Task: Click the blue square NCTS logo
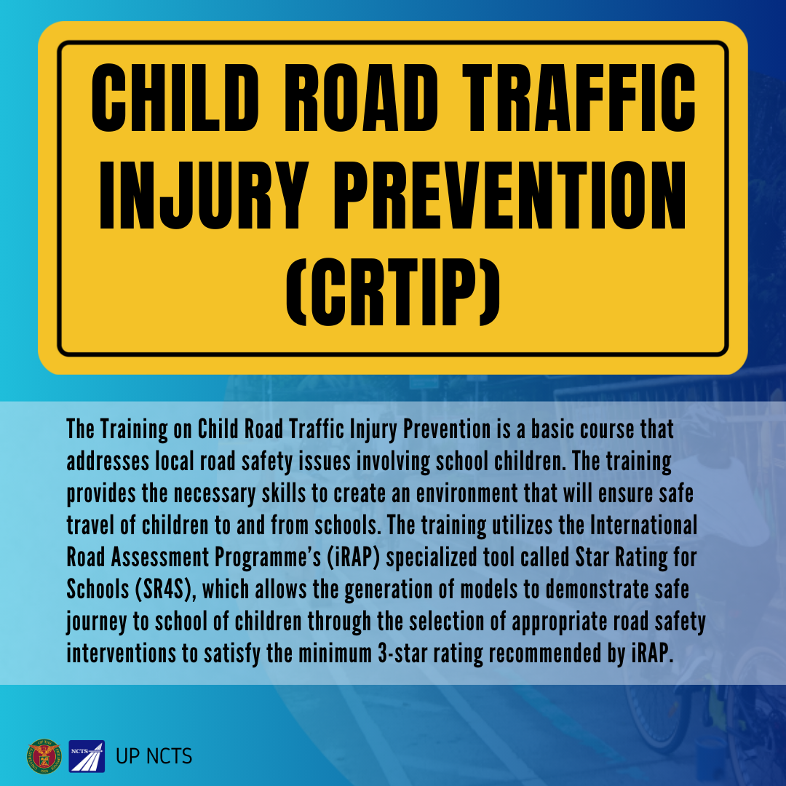(87, 756)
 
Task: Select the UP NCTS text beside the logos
(154, 756)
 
